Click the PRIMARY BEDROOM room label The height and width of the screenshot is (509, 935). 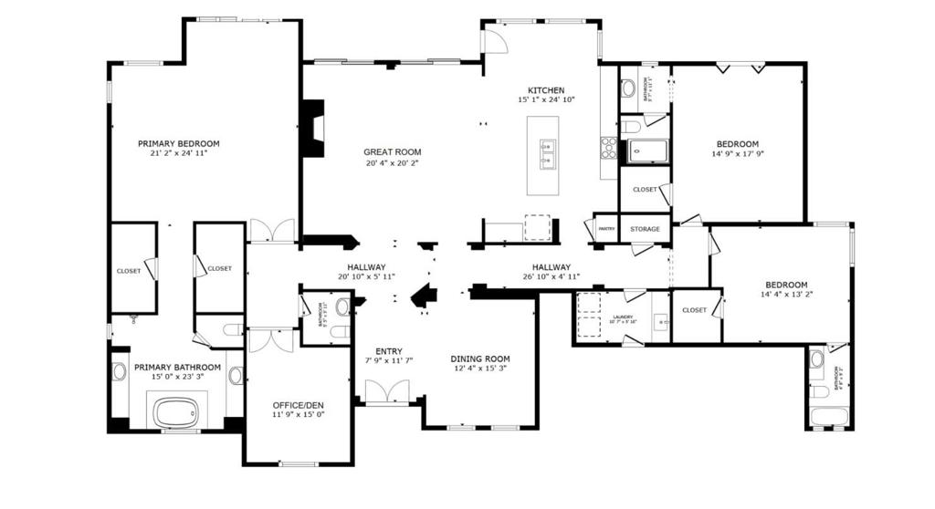point(178,143)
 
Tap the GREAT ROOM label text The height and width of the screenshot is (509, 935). point(392,152)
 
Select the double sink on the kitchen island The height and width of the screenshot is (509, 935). point(548,155)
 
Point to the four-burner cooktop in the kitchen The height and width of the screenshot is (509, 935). point(608,148)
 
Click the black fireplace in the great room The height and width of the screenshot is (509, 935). point(313,127)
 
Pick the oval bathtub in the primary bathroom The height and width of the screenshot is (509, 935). point(176,413)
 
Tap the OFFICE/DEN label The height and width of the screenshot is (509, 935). point(299,405)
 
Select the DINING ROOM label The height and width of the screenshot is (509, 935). point(480,358)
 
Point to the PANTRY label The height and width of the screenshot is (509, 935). point(605,229)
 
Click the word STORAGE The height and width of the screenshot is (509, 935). point(645,229)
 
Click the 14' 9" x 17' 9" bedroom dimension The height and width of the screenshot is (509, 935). point(737,154)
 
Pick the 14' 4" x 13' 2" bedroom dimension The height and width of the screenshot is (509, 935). point(785,295)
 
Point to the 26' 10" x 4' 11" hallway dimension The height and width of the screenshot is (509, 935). point(551,276)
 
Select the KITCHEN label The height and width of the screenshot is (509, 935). point(546,90)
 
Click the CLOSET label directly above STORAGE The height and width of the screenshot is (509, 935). point(645,190)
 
